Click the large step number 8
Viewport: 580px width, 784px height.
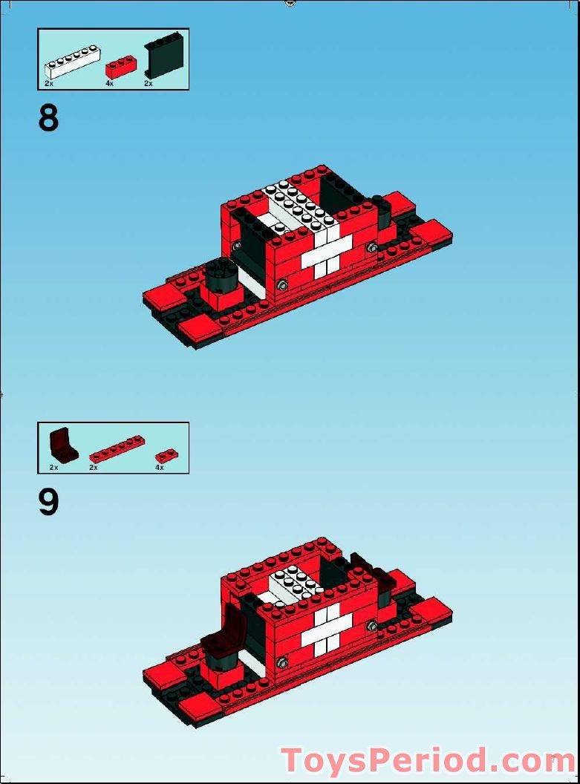coord(48,118)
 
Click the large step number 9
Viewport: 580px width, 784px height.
coord(48,503)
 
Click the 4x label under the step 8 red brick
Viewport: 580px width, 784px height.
coord(109,84)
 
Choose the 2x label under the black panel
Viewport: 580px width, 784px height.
coord(149,84)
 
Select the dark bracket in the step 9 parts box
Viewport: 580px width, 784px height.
coord(63,445)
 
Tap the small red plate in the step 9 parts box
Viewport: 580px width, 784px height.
coord(166,456)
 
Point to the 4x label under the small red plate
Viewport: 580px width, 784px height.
coord(159,468)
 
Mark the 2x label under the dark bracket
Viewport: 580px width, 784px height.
coord(53,468)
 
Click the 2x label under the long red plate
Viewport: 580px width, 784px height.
coord(94,468)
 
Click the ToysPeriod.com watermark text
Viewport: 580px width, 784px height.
coord(429,761)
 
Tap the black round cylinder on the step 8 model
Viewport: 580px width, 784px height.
coord(222,276)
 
